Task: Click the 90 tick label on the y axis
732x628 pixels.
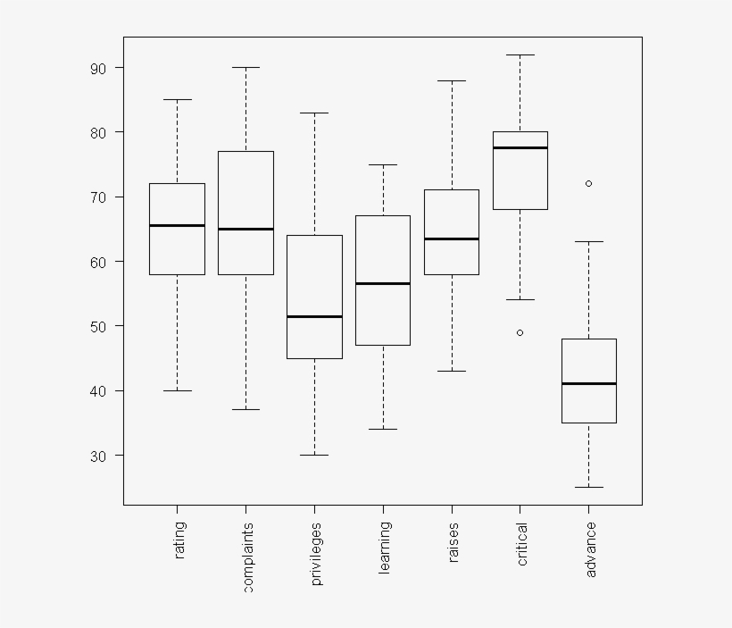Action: pos(97,68)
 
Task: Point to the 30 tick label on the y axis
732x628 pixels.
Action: pos(97,456)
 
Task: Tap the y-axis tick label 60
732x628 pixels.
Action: pos(97,262)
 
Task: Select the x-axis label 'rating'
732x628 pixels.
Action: pos(180,541)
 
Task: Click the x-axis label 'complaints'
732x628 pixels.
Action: pos(248,557)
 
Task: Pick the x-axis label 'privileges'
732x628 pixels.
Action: pos(316,554)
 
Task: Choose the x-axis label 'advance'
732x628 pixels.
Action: pos(591,548)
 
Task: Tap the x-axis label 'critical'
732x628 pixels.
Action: pos(522,543)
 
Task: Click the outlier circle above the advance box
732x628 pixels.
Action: pos(588,183)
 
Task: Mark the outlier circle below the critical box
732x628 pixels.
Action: pos(520,332)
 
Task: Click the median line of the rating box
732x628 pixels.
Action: pos(177,226)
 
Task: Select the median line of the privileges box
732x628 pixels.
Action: pos(314,316)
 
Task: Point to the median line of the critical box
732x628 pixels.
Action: pos(520,147)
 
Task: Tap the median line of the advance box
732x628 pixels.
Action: pos(588,383)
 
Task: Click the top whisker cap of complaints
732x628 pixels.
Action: pos(245,67)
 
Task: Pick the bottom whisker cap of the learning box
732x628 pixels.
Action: pos(383,429)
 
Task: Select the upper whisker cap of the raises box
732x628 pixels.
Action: pos(452,80)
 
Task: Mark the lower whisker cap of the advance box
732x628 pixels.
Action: pos(588,487)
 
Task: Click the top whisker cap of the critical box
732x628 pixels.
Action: pos(520,54)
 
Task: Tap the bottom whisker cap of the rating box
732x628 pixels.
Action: pos(177,390)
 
